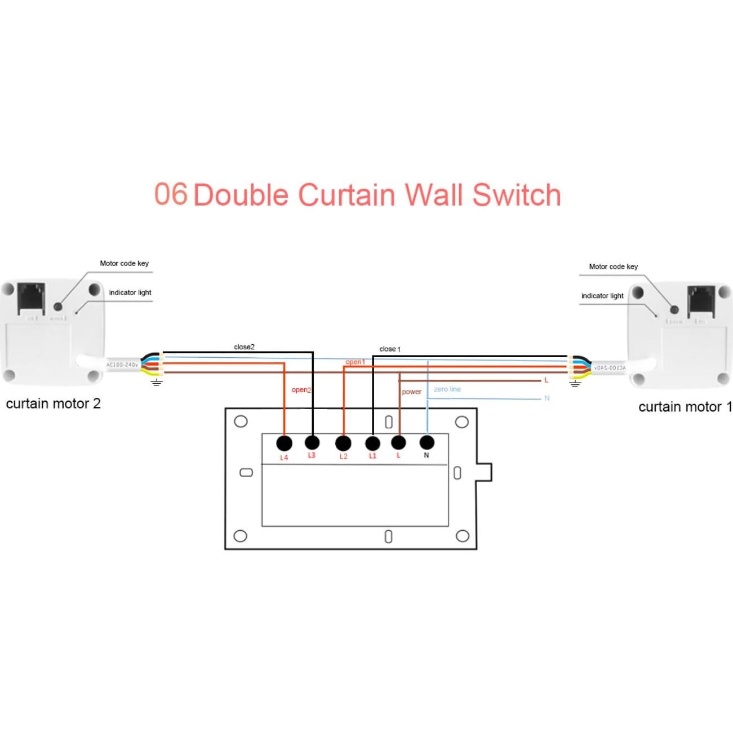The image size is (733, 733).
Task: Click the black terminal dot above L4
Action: click(285, 443)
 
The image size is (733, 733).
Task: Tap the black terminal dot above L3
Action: click(312, 442)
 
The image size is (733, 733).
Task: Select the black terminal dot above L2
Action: click(343, 443)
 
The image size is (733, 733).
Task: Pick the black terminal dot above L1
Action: click(372, 442)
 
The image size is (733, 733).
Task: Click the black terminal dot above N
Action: click(427, 442)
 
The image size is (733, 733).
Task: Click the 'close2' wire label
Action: click(244, 347)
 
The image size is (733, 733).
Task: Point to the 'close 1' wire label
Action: click(390, 349)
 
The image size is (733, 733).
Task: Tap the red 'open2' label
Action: click(301, 390)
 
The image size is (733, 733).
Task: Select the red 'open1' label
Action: click(355, 362)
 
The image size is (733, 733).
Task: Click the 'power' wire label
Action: click(411, 392)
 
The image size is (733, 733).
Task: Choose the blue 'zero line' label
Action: click(447, 389)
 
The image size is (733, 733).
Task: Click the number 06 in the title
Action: click(171, 194)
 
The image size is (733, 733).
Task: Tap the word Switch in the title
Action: click(517, 195)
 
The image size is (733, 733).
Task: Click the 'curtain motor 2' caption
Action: click(53, 404)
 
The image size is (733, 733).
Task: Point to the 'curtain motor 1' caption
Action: click(685, 407)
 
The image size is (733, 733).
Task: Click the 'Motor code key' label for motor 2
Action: click(124, 263)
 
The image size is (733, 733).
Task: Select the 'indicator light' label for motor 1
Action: click(602, 296)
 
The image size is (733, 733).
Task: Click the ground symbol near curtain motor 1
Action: click(575, 384)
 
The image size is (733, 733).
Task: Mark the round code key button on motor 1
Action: click(674, 309)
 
